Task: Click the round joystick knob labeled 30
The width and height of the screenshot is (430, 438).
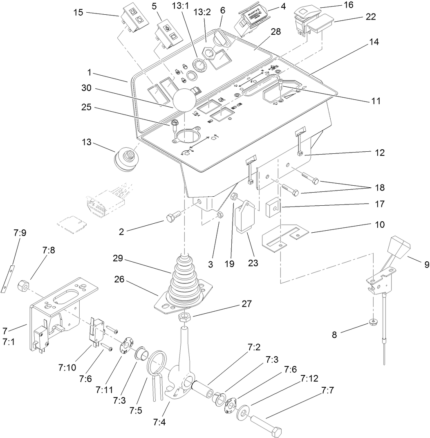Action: point(184,99)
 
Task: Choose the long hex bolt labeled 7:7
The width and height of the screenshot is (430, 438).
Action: point(266,424)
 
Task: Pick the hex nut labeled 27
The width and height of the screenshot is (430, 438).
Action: point(184,317)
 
